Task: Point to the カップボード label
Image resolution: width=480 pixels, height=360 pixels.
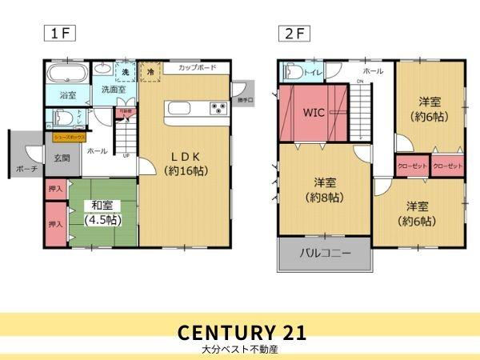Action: click(x=197, y=69)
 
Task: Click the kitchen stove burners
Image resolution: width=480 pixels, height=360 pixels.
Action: click(x=218, y=108)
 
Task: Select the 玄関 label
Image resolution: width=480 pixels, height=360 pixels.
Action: click(x=62, y=158)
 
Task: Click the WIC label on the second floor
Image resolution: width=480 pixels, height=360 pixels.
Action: click(x=312, y=113)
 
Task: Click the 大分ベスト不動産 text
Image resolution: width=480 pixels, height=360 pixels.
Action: click(x=240, y=350)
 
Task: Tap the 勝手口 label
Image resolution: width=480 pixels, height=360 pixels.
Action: click(x=244, y=100)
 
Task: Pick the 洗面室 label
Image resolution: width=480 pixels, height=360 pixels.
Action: click(x=113, y=90)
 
